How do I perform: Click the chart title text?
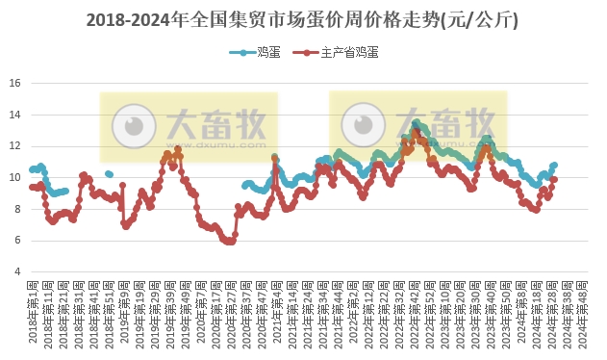[x=303, y=19]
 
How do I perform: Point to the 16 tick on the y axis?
[x=14, y=83]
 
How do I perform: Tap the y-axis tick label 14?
[x=14, y=115]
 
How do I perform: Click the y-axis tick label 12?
[x=14, y=145]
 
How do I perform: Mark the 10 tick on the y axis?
[x=14, y=177]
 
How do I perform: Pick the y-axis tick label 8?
[x=16, y=209]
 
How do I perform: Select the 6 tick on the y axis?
[x=16, y=240]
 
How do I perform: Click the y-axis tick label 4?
[x=16, y=271]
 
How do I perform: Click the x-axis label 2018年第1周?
[x=33, y=310]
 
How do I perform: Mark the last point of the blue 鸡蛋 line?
[x=554, y=165]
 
